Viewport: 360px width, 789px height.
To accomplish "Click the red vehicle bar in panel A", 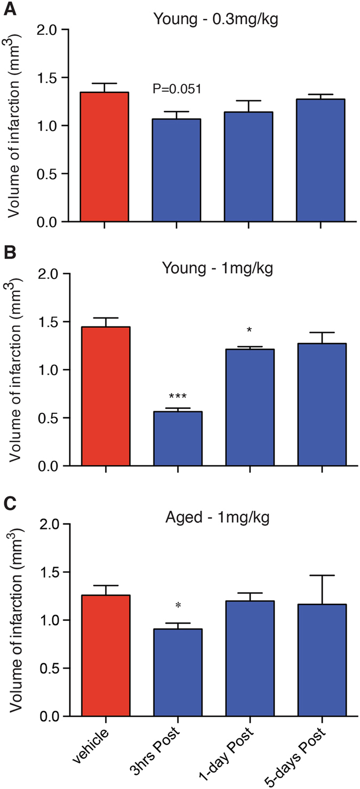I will pyautogui.click(x=105, y=157).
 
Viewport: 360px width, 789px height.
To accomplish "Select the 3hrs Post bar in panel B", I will pyautogui.click(x=178, y=439).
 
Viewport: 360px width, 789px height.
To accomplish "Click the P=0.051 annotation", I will pyautogui.click(x=177, y=89).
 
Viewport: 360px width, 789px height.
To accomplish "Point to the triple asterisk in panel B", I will pyautogui.click(x=178, y=397).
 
